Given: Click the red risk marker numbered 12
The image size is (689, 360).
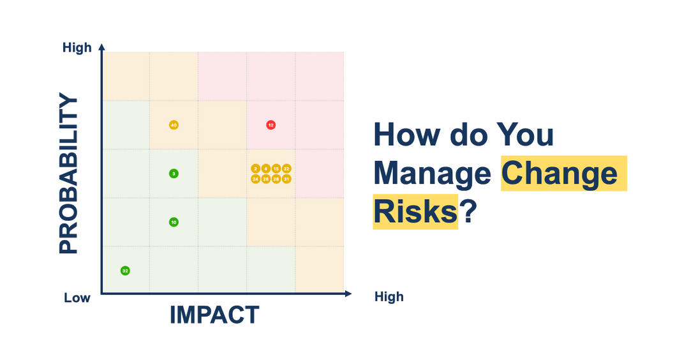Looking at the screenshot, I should coord(270,125).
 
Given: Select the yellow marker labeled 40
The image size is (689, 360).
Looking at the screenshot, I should coord(174,125).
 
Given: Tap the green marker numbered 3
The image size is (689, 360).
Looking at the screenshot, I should coord(174,174).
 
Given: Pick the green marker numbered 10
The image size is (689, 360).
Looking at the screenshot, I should coord(174,222).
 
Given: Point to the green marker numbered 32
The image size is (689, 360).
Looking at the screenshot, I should coord(125,271).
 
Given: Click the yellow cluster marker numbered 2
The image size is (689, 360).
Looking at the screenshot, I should coord(255,169).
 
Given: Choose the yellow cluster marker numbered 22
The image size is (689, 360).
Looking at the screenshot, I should coord(286,169).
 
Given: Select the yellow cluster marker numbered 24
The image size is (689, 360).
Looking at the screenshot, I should coord(255,179).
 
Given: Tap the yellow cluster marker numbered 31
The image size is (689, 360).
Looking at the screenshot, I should coord(286,179).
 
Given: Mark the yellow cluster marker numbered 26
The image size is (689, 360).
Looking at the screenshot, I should coord(265,179).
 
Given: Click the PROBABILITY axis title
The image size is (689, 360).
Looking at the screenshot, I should coord(69,174).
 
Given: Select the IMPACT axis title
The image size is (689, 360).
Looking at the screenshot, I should coord(214,315).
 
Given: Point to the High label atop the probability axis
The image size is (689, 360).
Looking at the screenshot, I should coord(77,48).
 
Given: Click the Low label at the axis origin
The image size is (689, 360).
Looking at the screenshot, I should coord(77,297).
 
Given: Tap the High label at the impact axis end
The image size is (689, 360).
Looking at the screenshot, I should coord(389,297).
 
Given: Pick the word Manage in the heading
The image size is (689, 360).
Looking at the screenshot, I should coord(433,174).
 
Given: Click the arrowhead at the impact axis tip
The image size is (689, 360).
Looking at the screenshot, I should coord(348,294).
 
